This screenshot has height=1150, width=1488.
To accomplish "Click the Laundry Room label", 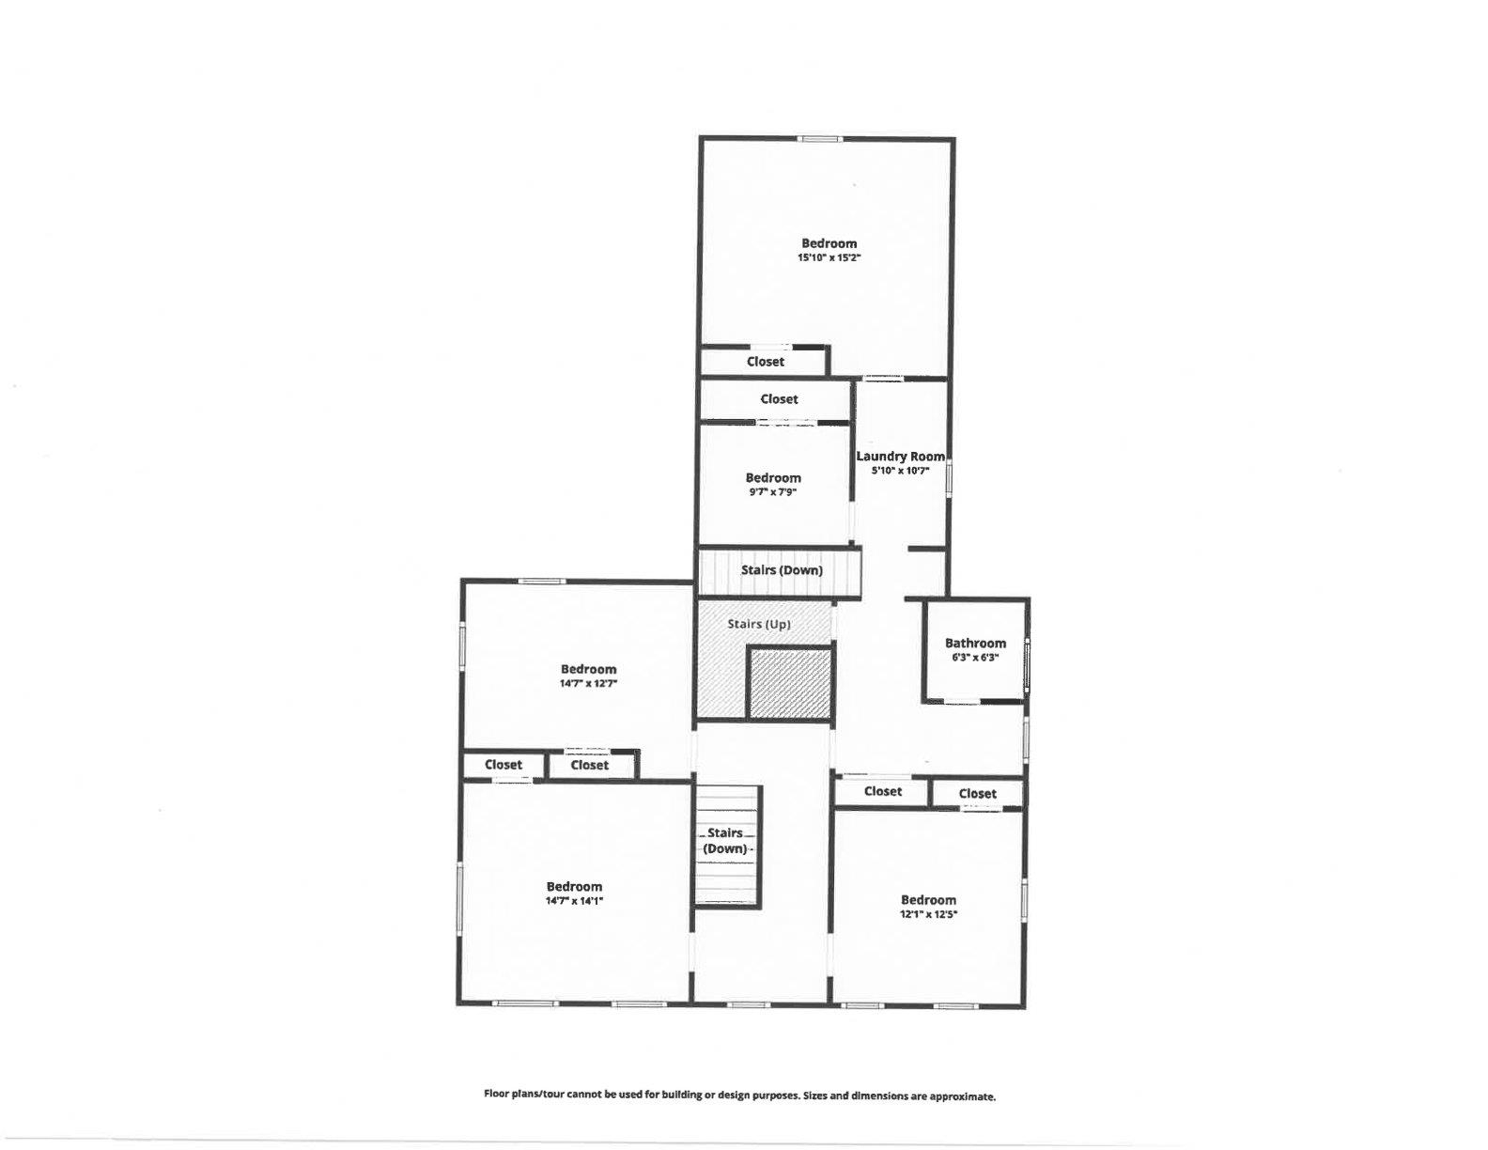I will tap(900, 456).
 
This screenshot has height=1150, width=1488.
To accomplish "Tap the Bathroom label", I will tap(975, 644).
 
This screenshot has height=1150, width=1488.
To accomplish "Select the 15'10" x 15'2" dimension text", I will tap(829, 257).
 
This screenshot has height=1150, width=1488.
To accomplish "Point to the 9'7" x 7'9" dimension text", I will tap(773, 491).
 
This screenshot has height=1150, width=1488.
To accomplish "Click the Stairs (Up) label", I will tap(759, 624).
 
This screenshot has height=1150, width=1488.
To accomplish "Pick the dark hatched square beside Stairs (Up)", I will tap(790, 683).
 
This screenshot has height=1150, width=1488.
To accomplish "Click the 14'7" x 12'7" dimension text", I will tap(588, 684).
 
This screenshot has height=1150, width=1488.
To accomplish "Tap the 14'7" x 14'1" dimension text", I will tap(574, 901).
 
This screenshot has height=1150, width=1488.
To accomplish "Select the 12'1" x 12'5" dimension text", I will tap(928, 914).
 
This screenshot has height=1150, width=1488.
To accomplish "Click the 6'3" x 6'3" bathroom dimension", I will tap(975, 658).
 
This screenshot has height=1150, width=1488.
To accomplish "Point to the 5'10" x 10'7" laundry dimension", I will tap(900, 471).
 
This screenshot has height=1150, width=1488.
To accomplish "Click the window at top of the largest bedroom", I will tap(819, 139).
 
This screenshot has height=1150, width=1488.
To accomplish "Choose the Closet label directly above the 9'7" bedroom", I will tap(779, 399).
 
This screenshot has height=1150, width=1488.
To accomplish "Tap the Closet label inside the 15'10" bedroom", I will tap(766, 362).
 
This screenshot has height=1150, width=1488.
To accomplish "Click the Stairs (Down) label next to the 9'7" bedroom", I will tap(782, 570).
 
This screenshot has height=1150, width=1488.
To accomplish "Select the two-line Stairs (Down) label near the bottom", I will tap(725, 841).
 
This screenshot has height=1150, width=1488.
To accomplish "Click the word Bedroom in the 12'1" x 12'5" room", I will tap(928, 900).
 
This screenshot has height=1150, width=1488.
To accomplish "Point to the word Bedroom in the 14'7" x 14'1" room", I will tap(574, 887).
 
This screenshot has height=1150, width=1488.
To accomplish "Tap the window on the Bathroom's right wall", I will tap(1027, 664).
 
